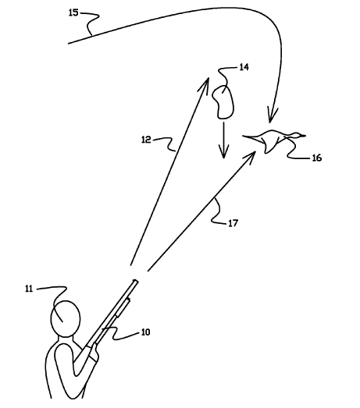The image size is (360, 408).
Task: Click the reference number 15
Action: click(x=73, y=12)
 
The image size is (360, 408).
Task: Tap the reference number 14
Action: click(x=244, y=67)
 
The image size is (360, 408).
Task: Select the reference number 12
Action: click(x=146, y=140)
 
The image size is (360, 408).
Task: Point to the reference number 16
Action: click(x=317, y=158)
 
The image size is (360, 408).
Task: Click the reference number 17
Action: click(x=233, y=223)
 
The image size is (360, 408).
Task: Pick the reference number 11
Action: click(x=29, y=289)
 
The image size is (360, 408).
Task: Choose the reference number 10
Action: click(x=145, y=332)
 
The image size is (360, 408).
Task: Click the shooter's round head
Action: click(x=65, y=319)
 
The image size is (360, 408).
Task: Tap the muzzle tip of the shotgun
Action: click(x=136, y=281)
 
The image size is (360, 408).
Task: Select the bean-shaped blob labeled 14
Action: click(x=223, y=102)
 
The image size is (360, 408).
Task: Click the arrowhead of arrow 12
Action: click(x=205, y=83)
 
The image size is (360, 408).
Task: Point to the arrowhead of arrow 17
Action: click(x=250, y=157)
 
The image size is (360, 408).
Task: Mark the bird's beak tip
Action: click(x=305, y=136)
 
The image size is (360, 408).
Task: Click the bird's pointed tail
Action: click(x=243, y=136)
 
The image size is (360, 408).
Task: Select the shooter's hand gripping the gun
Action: click(x=94, y=350)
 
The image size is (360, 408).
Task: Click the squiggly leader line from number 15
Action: click(x=91, y=23)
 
